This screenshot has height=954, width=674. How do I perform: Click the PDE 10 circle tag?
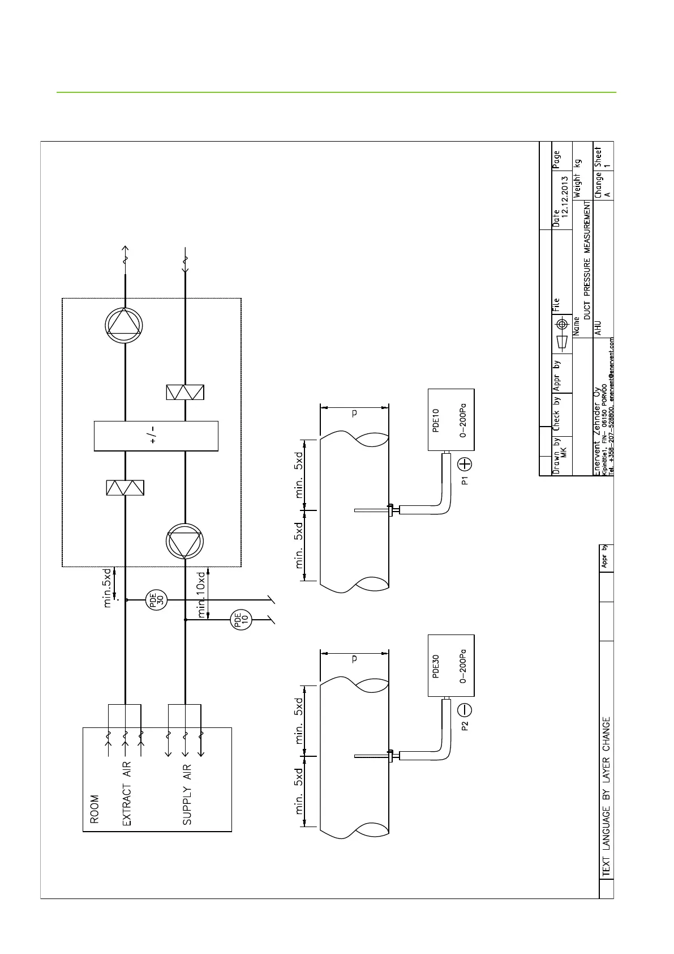(x=241, y=620)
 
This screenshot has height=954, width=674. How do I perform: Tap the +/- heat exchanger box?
(x=156, y=436)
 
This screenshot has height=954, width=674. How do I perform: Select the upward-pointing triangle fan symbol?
(x=124, y=325)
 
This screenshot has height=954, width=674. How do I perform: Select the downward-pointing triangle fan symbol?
(x=184, y=541)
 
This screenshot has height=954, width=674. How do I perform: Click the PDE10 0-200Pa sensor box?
(x=450, y=420)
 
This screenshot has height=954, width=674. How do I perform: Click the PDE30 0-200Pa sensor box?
(x=450, y=666)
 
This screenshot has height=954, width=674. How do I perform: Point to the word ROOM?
(x=94, y=808)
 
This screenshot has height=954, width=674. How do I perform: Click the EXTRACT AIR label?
(x=127, y=793)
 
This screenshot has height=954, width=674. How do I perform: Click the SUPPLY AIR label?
(x=187, y=794)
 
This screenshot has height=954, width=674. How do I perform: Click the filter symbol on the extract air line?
(x=125, y=488)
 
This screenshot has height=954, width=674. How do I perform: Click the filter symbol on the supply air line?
(x=185, y=392)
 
